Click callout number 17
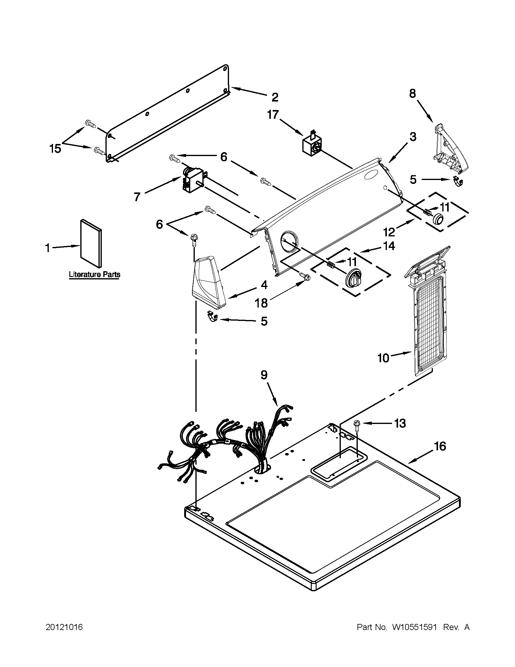[x=273, y=115]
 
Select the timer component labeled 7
[x=191, y=179]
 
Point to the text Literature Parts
[x=94, y=275]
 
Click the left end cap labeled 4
[x=209, y=283]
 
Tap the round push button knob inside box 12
[x=438, y=218]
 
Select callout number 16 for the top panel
[x=440, y=446]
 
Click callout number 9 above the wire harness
[x=264, y=375]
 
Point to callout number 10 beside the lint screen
[x=383, y=358]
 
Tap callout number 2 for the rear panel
[x=275, y=97]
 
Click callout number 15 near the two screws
[x=55, y=149]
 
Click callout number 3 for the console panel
[x=412, y=137]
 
